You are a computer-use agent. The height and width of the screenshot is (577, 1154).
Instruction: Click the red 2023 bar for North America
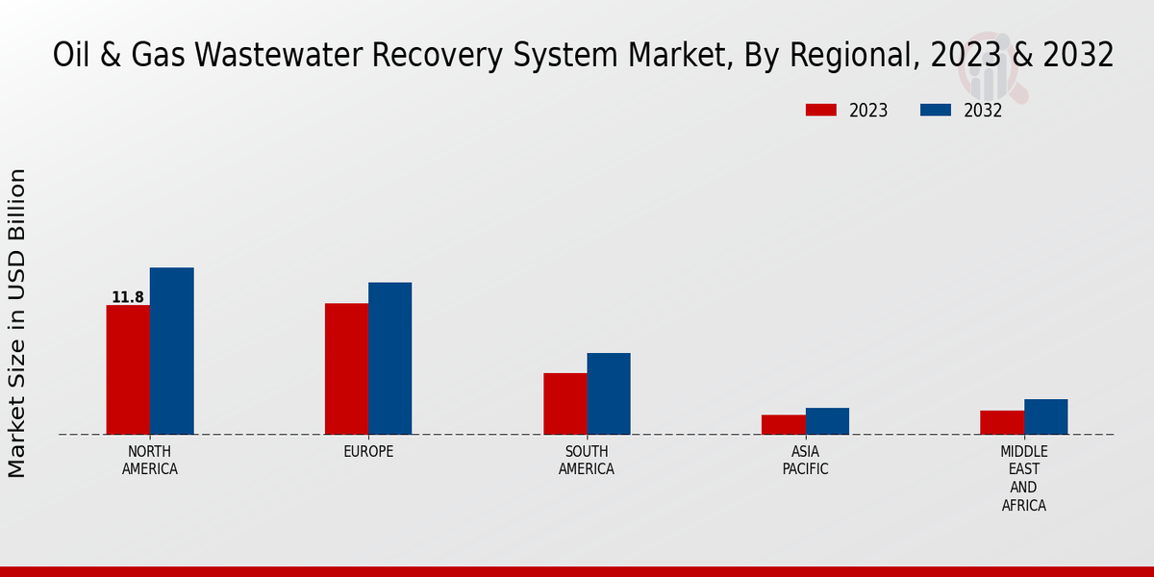[x=128, y=369]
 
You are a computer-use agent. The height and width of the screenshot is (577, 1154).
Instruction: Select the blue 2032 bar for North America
[x=171, y=351]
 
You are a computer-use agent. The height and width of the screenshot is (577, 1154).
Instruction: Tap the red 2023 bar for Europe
[x=346, y=368]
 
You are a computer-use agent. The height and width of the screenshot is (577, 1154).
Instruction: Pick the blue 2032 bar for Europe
[x=389, y=358]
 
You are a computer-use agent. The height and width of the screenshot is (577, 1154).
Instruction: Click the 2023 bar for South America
[x=564, y=403]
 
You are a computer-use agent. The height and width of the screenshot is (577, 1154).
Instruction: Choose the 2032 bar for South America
[x=609, y=393]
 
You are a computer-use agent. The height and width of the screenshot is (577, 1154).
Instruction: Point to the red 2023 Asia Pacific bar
[x=783, y=424]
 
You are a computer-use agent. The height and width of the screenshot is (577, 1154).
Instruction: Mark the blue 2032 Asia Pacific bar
[x=827, y=420]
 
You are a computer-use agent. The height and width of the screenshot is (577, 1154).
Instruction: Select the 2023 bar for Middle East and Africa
[x=1002, y=422]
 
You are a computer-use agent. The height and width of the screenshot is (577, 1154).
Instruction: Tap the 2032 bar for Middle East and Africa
[x=1045, y=416]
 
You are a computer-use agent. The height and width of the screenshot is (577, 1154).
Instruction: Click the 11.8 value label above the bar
[x=128, y=297]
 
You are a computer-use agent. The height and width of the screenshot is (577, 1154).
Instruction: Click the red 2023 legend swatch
[x=820, y=111]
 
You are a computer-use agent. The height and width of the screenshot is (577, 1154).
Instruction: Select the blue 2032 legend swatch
[x=935, y=111]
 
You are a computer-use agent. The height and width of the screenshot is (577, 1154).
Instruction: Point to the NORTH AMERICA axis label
[x=150, y=461]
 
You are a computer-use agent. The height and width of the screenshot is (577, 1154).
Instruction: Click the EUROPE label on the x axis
[x=368, y=452]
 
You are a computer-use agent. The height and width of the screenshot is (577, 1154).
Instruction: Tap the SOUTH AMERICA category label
[x=587, y=461]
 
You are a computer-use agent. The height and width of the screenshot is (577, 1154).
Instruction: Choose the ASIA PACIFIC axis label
[x=805, y=461]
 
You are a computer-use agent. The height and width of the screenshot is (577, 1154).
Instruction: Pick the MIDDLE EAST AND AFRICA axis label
[x=1023, y=478]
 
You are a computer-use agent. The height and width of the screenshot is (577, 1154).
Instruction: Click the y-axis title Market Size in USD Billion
[x=17, y=323]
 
